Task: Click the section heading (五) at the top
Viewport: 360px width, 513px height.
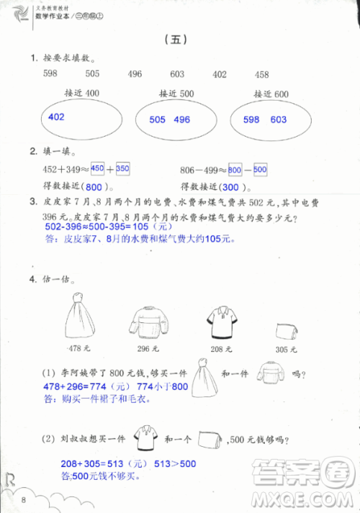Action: (x=176, y=40)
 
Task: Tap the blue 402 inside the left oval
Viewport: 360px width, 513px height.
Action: (x=56, y=117)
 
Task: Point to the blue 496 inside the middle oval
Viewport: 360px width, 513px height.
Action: (x=182, y=120)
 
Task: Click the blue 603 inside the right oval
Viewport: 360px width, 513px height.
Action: (x=278, y=120)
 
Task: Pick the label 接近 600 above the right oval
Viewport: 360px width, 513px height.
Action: (x=271, y=94)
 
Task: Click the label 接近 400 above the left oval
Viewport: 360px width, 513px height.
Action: (x=81, y=94)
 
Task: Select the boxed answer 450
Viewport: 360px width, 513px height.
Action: (x=97, y=168)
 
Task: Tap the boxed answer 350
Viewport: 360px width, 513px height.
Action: (x=122, y=168)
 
